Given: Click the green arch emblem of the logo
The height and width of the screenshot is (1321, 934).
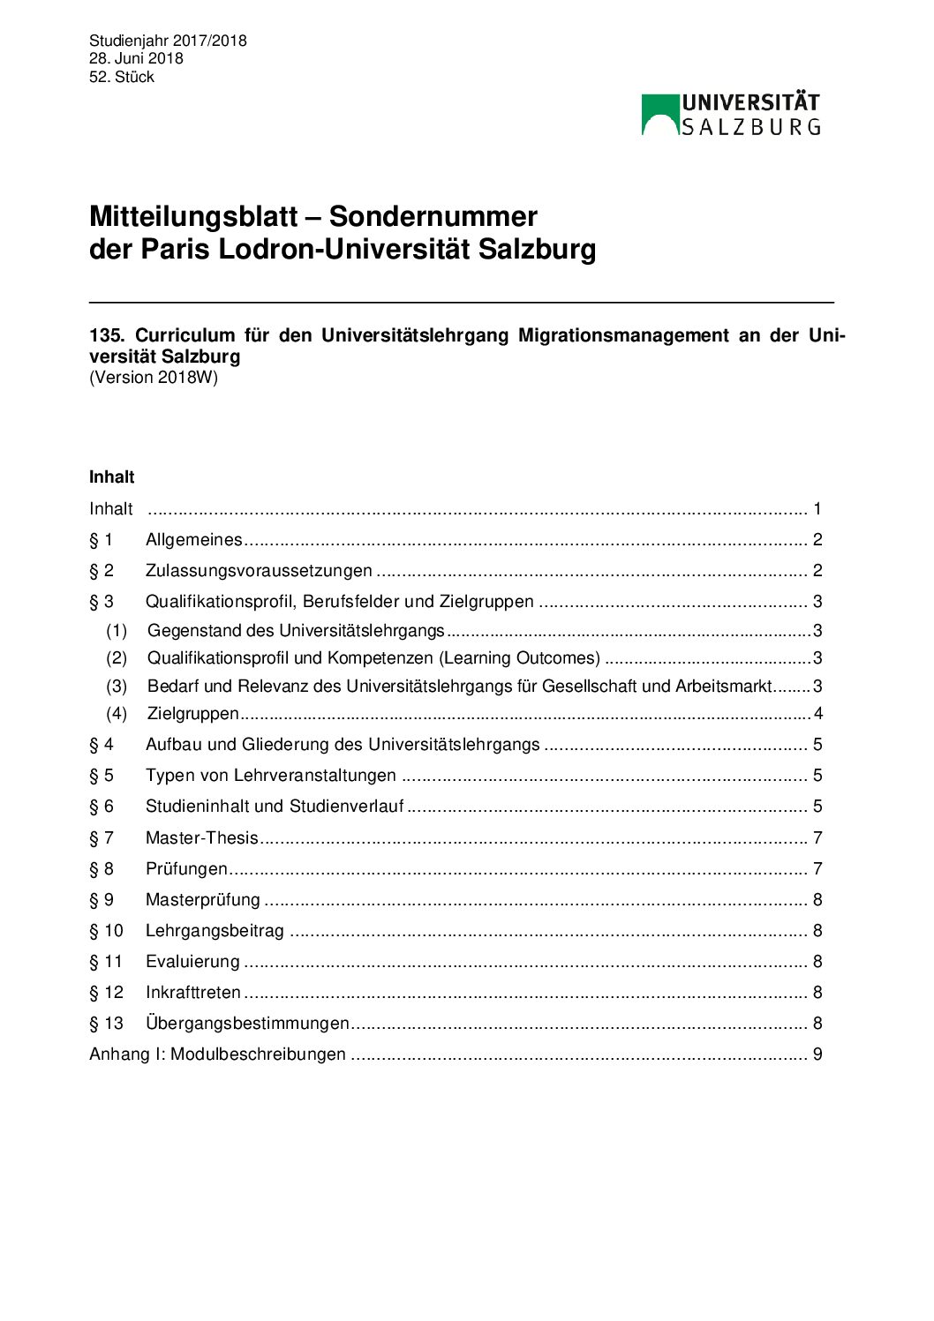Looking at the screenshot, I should [x=659, y=114].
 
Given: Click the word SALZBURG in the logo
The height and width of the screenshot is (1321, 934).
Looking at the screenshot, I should [x=751, y=127].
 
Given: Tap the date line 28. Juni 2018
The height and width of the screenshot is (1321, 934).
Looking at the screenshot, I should [x=136, y=58].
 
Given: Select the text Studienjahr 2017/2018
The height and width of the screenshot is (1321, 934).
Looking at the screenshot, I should [x=168, y=41].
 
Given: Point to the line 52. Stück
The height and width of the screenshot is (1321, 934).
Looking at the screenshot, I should [x=122, y=77].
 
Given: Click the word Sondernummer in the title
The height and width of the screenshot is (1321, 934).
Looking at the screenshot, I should [x=433, y=216].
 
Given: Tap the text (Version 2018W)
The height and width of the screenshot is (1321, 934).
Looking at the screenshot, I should [x=154, y=378].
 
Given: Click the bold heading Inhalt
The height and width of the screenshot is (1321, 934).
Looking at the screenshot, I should [x=111, y=477].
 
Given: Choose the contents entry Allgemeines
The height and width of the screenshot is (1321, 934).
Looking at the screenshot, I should [x=193, y=539].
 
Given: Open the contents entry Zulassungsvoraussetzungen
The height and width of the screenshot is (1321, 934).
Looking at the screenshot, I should [x=259, y=570].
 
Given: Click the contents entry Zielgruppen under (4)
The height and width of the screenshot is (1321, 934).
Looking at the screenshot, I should [x=193, y=713].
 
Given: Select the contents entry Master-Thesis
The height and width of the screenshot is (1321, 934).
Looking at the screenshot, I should [x=202, y=837].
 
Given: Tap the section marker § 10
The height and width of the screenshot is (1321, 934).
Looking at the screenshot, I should [x=106, y=930].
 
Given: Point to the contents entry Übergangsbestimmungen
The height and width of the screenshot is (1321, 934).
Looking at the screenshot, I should [x=247, y=1023].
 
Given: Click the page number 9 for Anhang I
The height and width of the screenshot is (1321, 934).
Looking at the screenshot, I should [x=817, y=1054].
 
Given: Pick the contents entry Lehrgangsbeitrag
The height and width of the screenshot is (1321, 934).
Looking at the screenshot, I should [x=215, y=930].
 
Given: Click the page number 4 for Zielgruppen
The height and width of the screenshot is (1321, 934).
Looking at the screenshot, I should [x=818, y=713].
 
